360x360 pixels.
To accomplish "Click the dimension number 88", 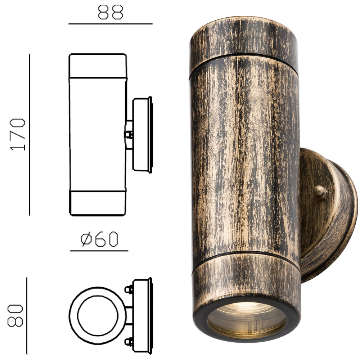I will coord(110,12).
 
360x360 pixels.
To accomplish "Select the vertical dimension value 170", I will coord(18,134).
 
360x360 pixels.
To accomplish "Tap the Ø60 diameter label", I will coord(99,239).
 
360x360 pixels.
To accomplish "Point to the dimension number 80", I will coord(16,316).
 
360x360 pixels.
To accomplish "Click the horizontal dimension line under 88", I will coord(110,24).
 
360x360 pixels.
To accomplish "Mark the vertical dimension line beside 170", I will coord(30,134).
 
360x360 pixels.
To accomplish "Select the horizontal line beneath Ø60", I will coord(99,251).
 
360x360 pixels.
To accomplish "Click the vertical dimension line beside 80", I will coord(27,316).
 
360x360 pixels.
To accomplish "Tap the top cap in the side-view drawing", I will coord(98,66).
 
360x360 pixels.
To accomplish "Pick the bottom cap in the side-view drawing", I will coord(98,203).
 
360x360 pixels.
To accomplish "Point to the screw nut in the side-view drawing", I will coord(128,135).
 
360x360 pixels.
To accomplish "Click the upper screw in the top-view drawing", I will coord(128,289).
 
